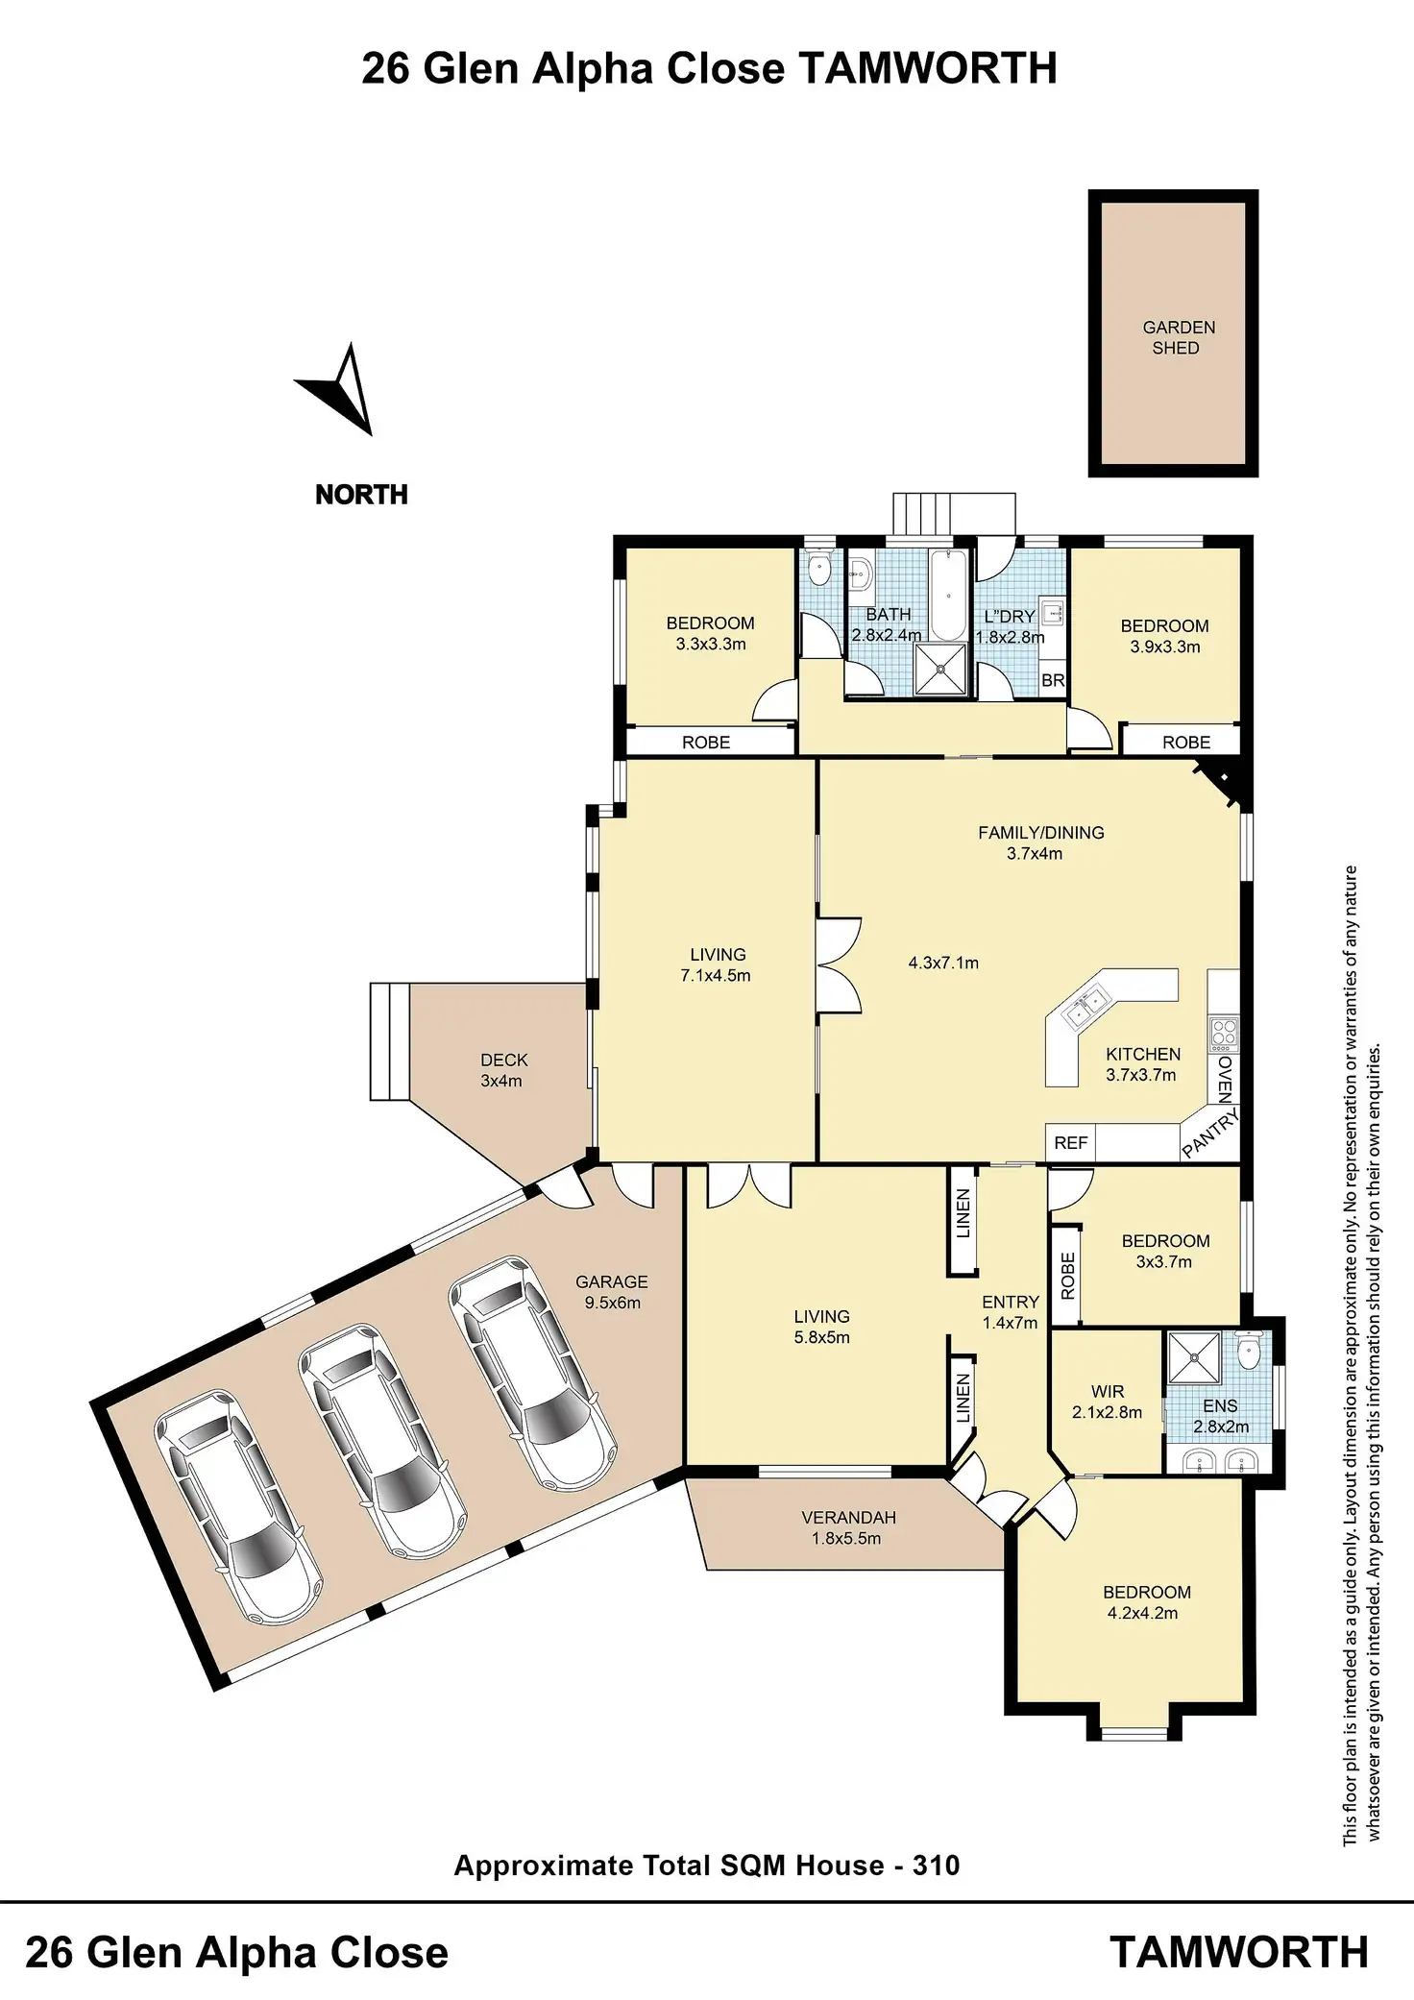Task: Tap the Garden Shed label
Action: point(1178,338)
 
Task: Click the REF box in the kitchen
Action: point(1070,1143)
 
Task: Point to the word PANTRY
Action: point(1210,1133)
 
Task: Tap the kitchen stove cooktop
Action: point(1224,1034)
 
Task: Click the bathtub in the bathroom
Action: point(948,595)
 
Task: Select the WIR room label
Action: point(1108,1391)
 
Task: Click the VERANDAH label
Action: point(848,1518)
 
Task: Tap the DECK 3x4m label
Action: point(503,1070)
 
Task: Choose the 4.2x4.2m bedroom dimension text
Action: point(1142,1613)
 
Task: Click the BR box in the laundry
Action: point(1053,680)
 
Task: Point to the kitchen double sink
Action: point(1085,1006)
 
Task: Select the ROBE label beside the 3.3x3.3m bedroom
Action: point(706,743)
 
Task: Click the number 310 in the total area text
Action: point(936,1866)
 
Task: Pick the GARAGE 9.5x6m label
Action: point(612,1292)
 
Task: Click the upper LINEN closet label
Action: point(963,1213)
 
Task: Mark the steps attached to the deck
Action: point(390,1041)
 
